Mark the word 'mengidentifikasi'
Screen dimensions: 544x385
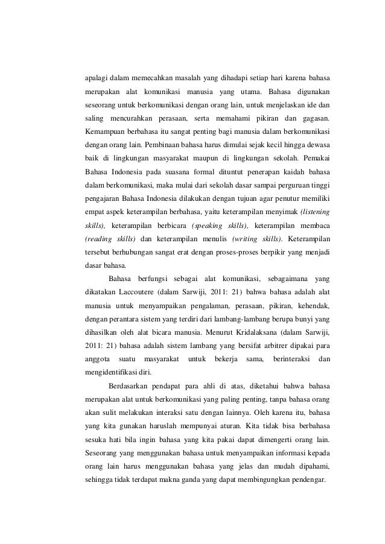(111, 371)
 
